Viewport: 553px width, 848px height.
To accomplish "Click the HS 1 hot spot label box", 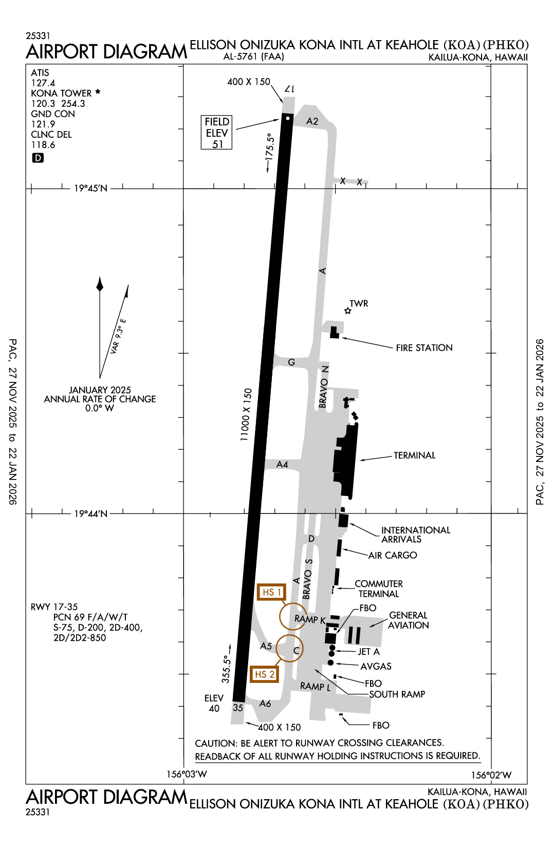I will tap(271, 592).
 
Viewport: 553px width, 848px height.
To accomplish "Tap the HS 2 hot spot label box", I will tap(264, 674).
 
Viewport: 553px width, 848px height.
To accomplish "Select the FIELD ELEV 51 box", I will tap(216, 133).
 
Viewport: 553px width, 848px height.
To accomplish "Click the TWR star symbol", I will tap(348, 311).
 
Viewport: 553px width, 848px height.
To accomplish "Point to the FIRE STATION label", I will tap(424, 348).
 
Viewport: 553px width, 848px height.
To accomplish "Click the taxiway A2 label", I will tap(312, 121).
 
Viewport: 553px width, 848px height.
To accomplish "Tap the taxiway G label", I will tap(291, 362).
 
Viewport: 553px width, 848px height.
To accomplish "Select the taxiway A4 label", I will tap(282, 464).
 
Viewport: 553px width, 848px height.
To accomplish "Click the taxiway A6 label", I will tap(265, 704).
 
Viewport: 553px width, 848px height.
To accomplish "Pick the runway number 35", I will tap(238, 708).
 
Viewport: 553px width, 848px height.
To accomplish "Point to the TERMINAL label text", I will tap(414, 455).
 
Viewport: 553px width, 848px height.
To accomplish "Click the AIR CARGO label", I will tap(393, 556).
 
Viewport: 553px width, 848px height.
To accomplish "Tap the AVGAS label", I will tap(376, 667).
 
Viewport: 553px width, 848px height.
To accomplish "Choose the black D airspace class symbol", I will tap(38, 158).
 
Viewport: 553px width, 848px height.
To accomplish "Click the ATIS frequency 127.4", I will tap(43, 83).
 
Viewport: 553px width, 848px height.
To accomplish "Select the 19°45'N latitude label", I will tap(90, 189).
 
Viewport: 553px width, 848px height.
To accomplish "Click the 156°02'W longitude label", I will tap(491, 775).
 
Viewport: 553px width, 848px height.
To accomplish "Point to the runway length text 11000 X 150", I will tap(246, 415).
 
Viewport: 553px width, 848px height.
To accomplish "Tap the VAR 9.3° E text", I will tap(118, 336).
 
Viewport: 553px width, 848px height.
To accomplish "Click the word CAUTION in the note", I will tap(216, 743).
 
